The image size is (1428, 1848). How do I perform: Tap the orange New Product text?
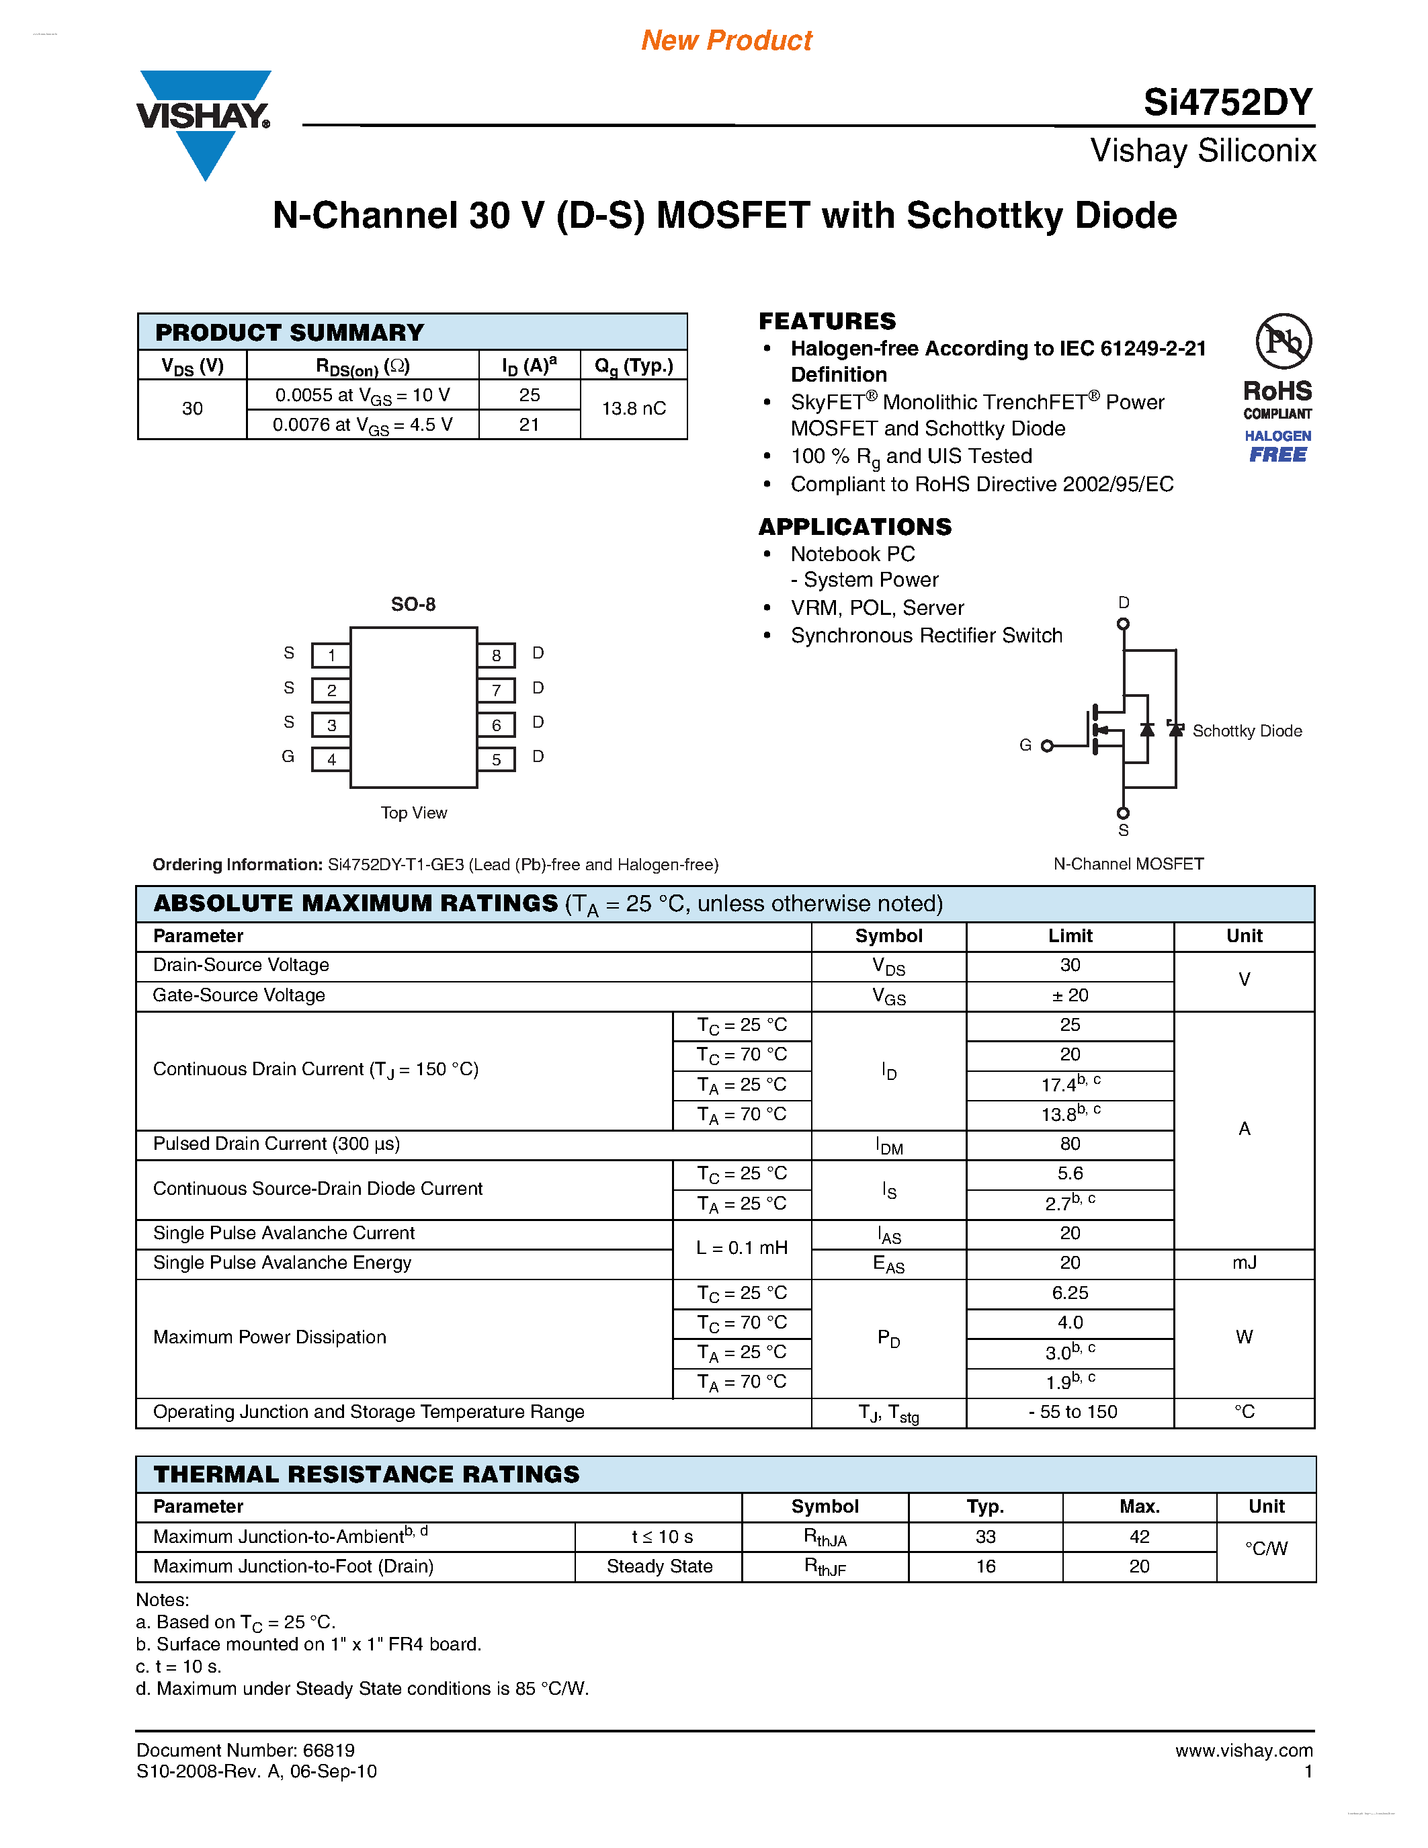point(726,40)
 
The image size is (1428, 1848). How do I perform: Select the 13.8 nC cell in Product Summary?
point(633,409)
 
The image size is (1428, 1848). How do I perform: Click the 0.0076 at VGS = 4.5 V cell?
point(362,425)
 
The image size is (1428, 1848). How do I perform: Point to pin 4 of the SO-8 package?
point(331,759)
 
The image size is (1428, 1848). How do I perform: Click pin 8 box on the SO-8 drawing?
point(497,655)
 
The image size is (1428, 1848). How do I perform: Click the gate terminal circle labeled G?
point(1048,745)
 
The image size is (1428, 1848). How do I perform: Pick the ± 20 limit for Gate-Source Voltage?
point(1069,996)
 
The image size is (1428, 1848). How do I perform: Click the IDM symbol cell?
point(888,1146)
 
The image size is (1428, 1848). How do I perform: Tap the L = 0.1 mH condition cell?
point(741,1248)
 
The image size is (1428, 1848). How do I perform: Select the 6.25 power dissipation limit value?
point(1069,1293)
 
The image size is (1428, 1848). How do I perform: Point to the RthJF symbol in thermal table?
point(824,1567)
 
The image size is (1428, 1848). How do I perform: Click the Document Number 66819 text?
point(245,1751)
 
